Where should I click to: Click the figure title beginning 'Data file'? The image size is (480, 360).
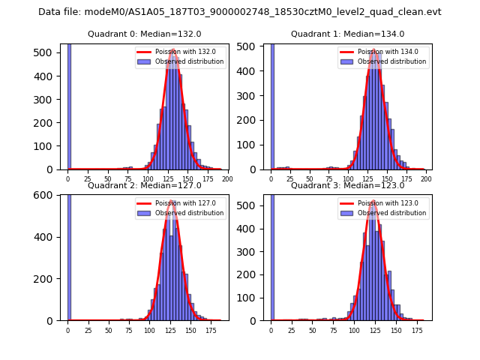click(240, 12)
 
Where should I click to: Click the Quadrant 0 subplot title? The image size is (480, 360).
click(144, 34)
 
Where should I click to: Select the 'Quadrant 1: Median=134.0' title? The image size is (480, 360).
click(347, 34)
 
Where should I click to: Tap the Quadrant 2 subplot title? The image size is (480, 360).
click(144, 185)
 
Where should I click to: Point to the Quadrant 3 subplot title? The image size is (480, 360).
click(347, 185)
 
